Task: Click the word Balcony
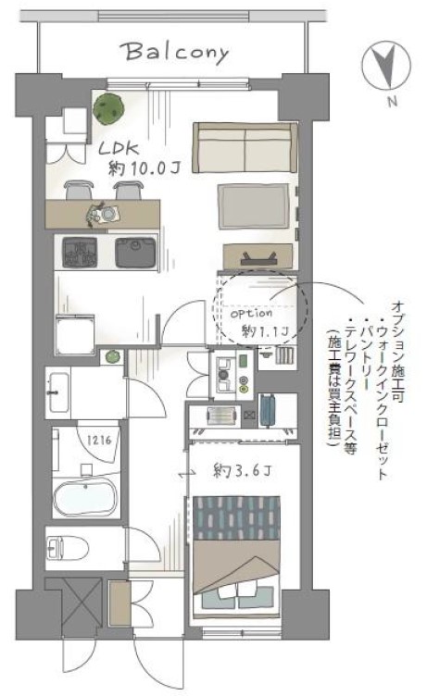[177, 54]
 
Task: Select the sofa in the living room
[245, 147]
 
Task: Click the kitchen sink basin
[135, 253]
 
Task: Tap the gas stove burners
[80, 253]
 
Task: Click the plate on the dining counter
[107, 215]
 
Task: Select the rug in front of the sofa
[253, 206]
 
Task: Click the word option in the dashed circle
[252, 314]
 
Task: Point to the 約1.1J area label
[265, 331]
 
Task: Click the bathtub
[85, 494]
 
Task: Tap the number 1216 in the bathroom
[98, 441]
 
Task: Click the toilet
[67, 548]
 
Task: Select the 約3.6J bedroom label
[242, 470]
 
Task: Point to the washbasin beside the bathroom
[58, 392]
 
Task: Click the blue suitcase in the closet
[267, 411]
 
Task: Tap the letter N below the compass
[392, 102]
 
